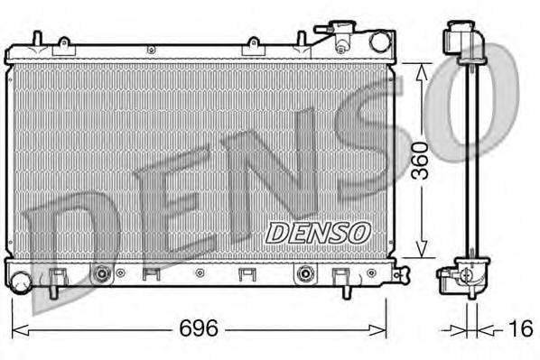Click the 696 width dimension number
coord(198,328)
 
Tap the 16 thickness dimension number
coord(520,329)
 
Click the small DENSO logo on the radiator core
coord(318,232)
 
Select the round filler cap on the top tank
coord(379,41)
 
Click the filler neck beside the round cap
coord(343,38)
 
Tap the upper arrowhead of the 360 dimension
coord(417,68)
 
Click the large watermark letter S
coord(371,153)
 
